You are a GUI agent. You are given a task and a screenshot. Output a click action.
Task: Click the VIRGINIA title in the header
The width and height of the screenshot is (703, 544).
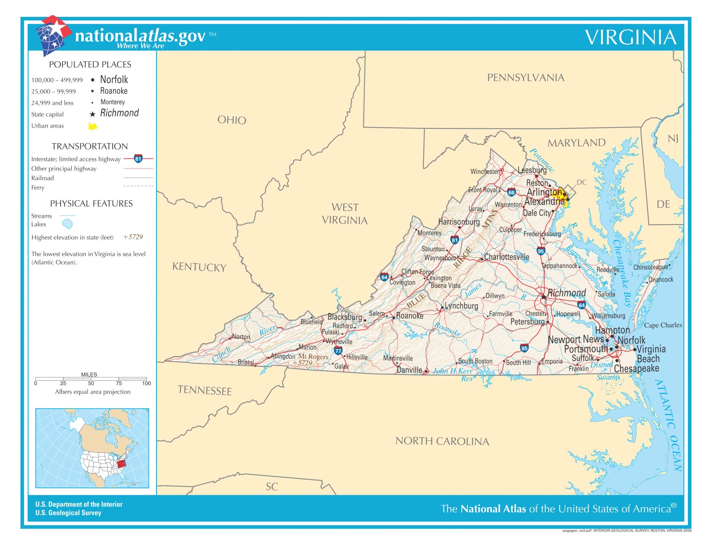[x=631, y=37]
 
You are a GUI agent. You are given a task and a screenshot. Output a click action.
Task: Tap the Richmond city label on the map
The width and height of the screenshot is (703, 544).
[x=566, y=293]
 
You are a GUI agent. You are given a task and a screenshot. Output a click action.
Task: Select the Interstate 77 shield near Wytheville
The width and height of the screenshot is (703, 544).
[x=338, y=351]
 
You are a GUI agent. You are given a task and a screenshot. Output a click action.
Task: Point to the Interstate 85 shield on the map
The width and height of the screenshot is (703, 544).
[x=524, y=348]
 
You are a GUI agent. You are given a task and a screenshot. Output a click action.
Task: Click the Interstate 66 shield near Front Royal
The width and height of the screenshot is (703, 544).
[x=511, y=192]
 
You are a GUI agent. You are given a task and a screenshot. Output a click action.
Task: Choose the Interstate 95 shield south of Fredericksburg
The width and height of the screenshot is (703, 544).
[x=541, y=251]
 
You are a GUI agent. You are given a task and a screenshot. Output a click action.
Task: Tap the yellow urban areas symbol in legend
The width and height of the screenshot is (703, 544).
[x=92, y=126]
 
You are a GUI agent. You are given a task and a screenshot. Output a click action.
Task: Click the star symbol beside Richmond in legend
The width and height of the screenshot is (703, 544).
[x=92, y=114]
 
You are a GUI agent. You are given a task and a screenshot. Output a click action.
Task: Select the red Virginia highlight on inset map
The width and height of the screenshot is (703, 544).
[x=121, y=464]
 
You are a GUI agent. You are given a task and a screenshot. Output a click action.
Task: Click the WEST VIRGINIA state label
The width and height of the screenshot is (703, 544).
[x=345, y=214]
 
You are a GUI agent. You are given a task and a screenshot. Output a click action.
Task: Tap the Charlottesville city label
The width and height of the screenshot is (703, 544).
[x=506, y=257]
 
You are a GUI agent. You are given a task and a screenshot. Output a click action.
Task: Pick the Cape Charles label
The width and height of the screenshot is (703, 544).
[x=662, y=325]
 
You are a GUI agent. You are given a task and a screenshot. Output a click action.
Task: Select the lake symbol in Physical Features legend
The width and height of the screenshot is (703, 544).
[x=67, y=224]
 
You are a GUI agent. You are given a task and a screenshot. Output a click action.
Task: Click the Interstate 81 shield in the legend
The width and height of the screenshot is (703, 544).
[x=138, y=159]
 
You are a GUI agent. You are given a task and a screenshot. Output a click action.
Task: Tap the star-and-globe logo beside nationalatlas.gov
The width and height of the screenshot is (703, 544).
[x=53, y=34]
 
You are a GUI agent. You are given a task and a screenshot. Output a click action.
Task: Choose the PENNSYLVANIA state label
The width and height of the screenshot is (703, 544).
[x=526, y=78]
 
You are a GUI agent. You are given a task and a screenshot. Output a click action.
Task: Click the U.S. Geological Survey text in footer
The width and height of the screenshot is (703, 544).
[x=68, y=513]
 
